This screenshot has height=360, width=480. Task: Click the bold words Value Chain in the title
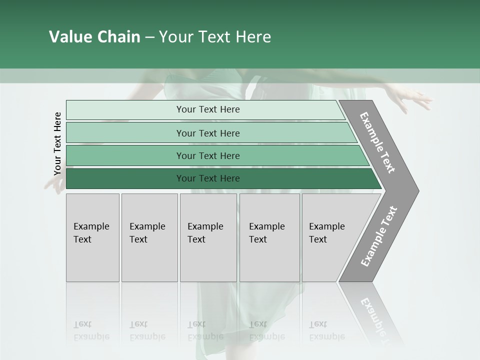[x=94, y=37]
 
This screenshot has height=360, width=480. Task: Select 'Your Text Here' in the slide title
[x=215, y=37]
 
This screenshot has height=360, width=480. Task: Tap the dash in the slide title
[x=149, y=37]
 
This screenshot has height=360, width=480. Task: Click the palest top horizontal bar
[x=207, y=109]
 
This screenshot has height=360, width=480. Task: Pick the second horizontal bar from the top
[x=207, y=133]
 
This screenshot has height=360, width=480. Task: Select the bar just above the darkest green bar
[x=207, y=155]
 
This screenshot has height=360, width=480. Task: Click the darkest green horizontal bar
[x=207, y=178]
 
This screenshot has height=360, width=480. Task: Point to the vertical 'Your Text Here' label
[x=57, y=143]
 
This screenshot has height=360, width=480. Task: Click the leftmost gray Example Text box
[x=92, y=237]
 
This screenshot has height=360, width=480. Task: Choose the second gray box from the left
[x=149, y=237]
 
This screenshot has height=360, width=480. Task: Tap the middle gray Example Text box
[x=207, y=237]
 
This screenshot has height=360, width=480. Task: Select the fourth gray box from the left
[x=269, y=237]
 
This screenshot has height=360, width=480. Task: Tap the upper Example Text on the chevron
[x=378, y=142]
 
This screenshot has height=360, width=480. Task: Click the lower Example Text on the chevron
[x=379, y=236]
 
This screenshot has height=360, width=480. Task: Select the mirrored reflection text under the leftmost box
[x=91, y=330]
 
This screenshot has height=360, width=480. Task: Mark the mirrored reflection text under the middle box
[x=205, y=330]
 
